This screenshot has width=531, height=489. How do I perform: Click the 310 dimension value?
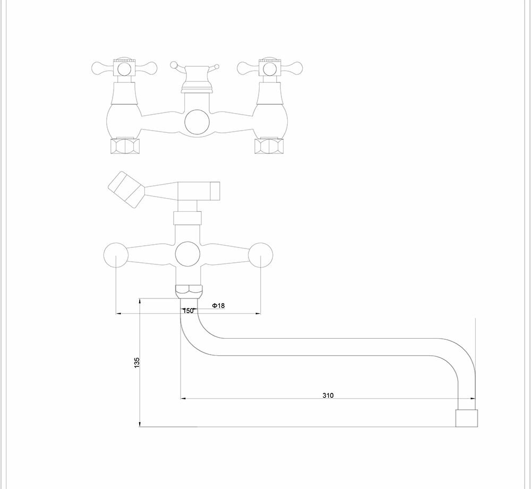click(328, 396)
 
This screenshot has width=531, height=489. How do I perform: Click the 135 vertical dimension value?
click(137, 363)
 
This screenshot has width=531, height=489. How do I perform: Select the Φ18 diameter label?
click(218, 305)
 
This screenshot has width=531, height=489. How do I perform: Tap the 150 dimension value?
click(188, 311)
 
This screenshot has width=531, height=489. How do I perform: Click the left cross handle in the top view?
click(124, 68)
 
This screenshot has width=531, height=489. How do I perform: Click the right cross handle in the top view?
click(270, 68)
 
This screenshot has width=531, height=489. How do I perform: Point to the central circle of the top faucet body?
click(196, 122)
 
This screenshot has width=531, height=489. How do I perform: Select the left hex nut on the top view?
click(124, 146)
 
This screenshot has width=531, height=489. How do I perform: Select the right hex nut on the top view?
click(269, 146)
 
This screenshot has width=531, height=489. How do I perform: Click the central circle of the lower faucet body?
click(188, 254)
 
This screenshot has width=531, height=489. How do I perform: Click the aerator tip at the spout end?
click(467, 418)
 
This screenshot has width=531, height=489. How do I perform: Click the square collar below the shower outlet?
click(188, 218)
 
